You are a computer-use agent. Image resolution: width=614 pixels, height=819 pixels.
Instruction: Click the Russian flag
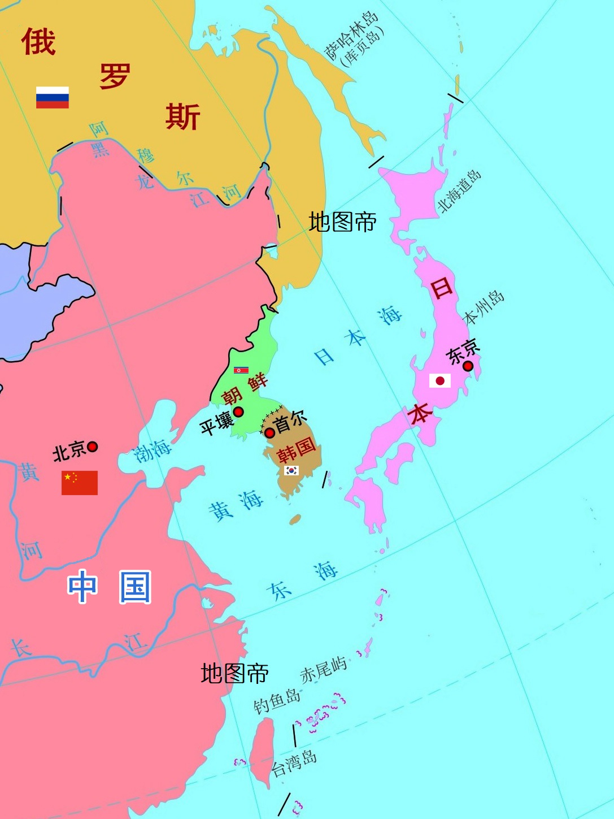(x=53, y=97)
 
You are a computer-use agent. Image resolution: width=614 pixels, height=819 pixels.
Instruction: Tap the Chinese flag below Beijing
(x=80, y=483)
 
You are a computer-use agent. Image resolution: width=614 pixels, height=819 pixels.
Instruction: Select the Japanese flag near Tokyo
(x=440, y=380)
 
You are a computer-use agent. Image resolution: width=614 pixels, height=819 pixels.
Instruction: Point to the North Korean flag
(x=241, y=370)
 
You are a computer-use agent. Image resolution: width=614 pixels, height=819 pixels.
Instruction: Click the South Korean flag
(x=291, y=470)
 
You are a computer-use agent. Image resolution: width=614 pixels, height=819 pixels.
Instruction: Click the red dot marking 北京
(x=93, y=447)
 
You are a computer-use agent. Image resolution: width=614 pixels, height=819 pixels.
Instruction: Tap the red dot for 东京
(x=468, y=366)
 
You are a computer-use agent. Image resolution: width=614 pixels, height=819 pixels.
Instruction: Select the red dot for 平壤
(x=238, y=412)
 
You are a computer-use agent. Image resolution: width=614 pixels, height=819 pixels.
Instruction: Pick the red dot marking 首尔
(x=270, y=433)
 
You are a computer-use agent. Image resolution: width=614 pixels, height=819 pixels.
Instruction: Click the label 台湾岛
(x=294, y=764)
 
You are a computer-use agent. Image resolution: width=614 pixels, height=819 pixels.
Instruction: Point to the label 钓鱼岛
(x=277, y=701)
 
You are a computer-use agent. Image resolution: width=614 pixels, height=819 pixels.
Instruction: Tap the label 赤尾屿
(x=323, y=670)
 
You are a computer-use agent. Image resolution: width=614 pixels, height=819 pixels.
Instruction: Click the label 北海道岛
(x=460, y=191)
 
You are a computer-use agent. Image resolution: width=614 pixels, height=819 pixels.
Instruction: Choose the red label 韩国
(x=296, y=449)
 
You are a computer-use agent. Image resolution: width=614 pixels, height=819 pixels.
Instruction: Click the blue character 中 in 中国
(x=82, y=586)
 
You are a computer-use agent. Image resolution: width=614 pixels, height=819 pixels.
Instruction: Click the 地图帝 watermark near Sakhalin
(x=342, y=222)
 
